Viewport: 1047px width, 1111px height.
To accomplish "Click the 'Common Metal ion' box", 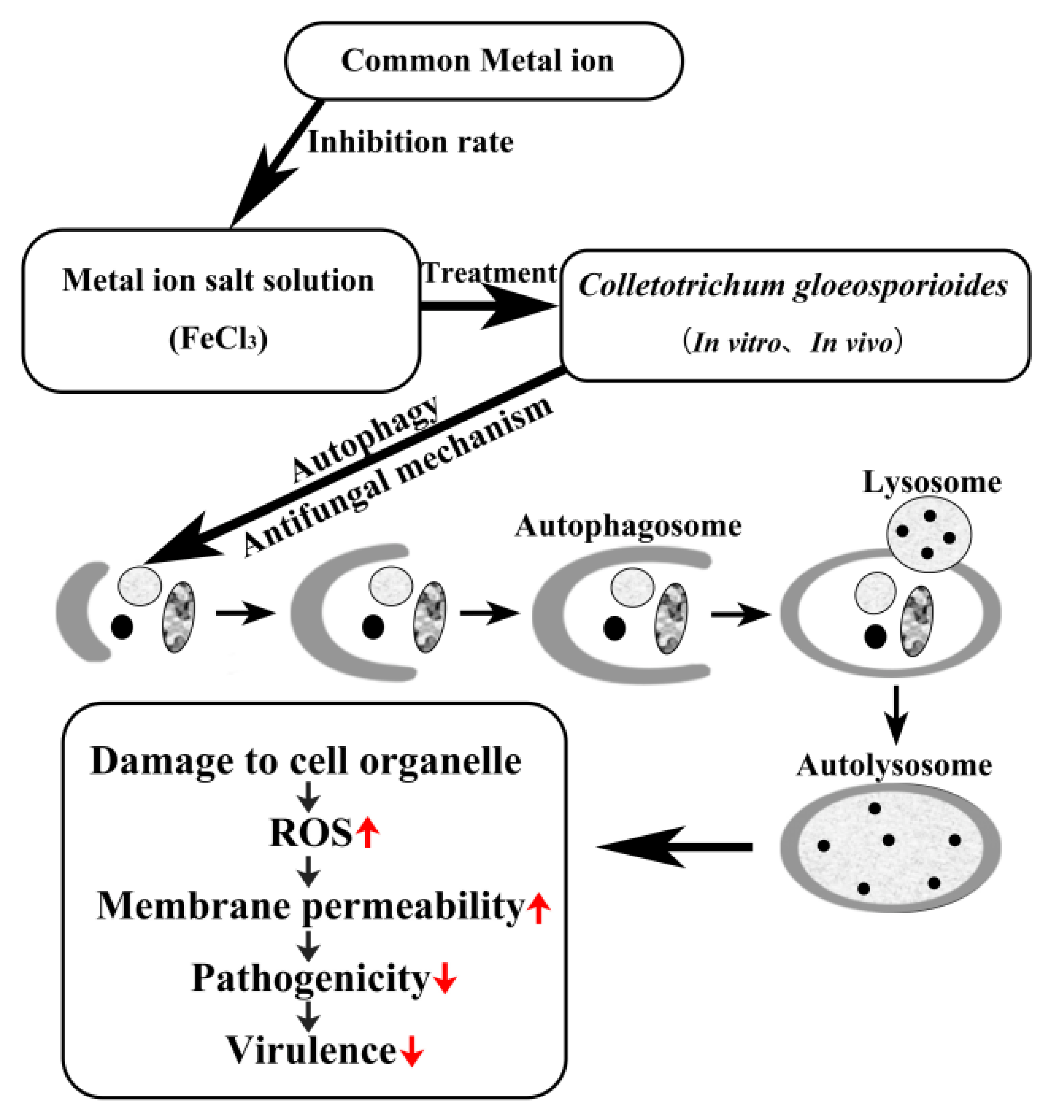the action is click(x=484, y=61).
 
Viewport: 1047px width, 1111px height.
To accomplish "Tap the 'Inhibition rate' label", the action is click(x=411, y=142).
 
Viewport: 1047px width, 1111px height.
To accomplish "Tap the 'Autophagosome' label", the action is click(x=628, y=526).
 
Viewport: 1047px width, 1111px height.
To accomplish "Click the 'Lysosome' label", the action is click(x=932, y=482).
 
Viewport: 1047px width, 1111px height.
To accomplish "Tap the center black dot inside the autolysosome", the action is click(x=888, y=840).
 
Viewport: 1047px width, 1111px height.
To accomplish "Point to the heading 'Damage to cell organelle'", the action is click(x=306, y=761).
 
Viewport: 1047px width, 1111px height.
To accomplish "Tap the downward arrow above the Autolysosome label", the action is click(x=897, y=715).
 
